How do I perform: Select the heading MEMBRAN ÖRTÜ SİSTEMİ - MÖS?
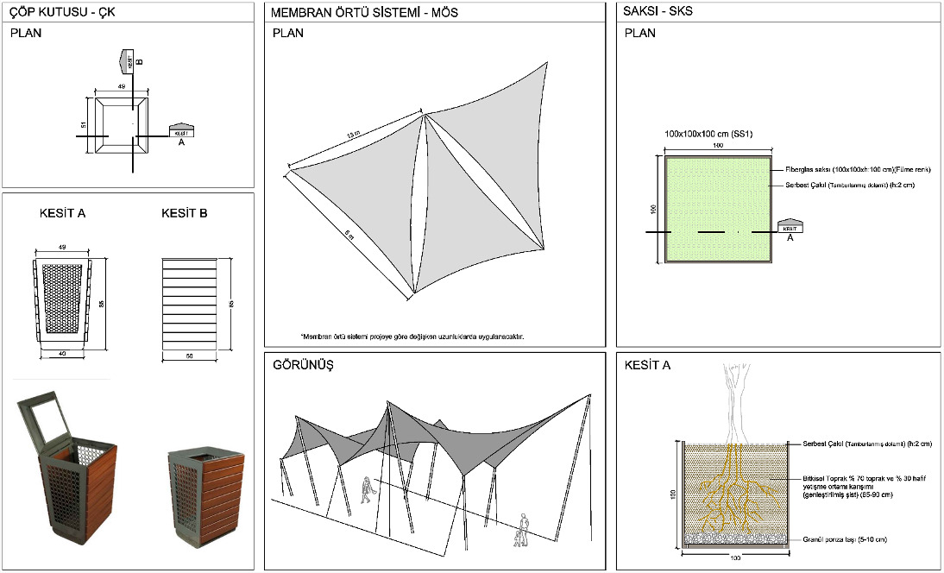[364, 14]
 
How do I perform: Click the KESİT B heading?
[184, 213]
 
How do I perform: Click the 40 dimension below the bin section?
[62, 354]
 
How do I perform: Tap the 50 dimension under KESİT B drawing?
[188, 355]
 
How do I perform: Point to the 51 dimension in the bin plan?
[84, 125]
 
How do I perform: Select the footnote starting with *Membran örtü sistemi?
[412, 337]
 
